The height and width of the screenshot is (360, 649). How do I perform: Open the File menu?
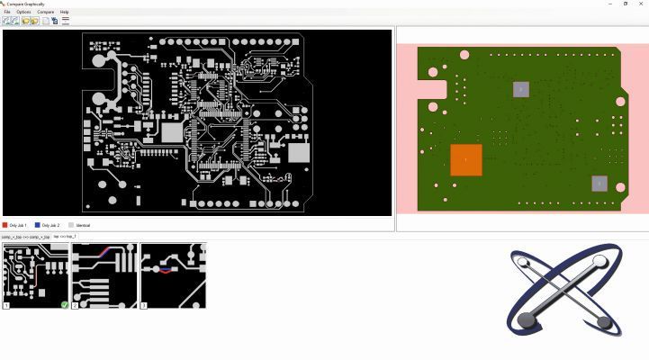[7, 12]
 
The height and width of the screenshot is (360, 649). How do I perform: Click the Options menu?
[23, 12]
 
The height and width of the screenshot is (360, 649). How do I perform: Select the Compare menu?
[45, 12]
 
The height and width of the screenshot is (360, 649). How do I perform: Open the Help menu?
[64, 12]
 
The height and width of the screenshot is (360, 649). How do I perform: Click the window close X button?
[641, 4]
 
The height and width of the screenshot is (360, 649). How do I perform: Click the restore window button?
[626, 4]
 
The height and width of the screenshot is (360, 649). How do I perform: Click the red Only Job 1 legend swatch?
[5, 225]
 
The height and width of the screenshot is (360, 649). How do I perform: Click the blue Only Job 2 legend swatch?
[38, 225]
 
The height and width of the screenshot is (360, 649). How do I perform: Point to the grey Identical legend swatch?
[71, 225]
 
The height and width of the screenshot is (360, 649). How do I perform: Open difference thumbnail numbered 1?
[36, 275]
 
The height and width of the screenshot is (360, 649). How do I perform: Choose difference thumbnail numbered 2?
[104, 275]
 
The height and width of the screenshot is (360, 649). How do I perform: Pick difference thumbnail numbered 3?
[173, 275]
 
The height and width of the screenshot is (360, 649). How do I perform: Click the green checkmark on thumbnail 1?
[65, 305]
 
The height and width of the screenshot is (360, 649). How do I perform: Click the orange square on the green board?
[465, 159]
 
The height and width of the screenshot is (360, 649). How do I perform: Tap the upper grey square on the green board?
[520, 89]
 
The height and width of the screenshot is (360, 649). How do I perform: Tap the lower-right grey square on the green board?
[599, 184]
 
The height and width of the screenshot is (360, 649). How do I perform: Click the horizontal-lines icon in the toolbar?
[66, 21]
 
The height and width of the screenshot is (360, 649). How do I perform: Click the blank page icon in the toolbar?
[45, 21]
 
